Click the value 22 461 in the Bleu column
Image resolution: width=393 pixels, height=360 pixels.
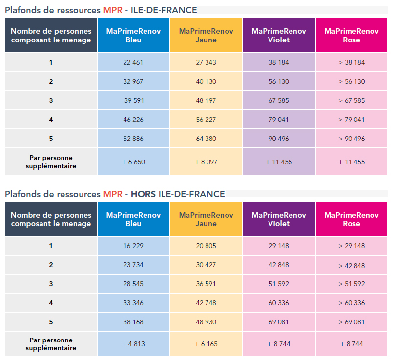point(133,62)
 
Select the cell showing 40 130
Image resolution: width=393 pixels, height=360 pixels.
point(206,81)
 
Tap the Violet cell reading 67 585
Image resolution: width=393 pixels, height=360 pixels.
point(279,100)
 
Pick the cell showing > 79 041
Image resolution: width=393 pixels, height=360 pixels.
point(351,120)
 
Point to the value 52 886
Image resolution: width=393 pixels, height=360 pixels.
point(133,139)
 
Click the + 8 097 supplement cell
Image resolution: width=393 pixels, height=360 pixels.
point(206,161)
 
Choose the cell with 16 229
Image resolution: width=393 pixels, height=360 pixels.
point(133,246)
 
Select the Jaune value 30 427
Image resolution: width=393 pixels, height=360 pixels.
point(206,265)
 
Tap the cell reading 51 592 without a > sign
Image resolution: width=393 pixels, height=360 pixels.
point(279,284)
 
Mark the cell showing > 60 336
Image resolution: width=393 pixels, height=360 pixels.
point(351,303)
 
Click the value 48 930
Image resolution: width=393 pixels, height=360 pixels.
point(206,322)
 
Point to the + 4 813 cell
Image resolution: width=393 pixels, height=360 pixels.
point(133,344)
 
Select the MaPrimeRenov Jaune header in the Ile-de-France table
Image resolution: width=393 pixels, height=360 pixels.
point(206,35)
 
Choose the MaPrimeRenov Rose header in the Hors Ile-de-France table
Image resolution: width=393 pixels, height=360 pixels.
point(351,219)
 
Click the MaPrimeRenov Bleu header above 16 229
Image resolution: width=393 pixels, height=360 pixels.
point(133,219)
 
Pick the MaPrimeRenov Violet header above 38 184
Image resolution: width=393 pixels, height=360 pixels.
point(279,35)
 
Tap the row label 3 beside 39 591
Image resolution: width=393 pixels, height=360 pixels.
point(51,100)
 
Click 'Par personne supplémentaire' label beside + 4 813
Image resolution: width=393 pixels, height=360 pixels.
point(51,344)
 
